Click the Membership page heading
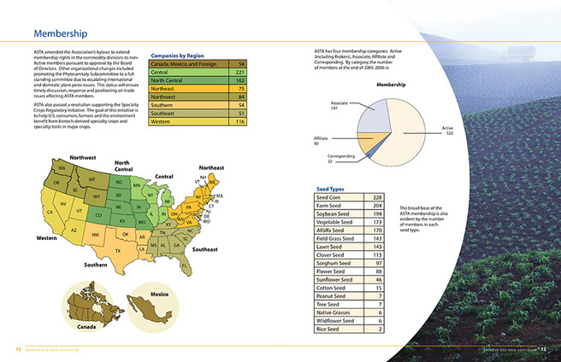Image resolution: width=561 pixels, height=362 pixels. click(x=60, y=33)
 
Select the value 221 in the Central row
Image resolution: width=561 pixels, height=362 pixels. click(x=240, y=73)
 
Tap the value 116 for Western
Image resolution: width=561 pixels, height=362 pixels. click(x=240, y=121)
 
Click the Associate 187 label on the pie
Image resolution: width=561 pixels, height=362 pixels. click(x=340, y=106)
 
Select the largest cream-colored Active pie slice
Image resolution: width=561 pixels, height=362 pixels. click(x=414, y=137)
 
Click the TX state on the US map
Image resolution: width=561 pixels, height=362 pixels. click(x=119, y=250)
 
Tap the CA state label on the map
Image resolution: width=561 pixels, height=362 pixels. click(x=50, y=213)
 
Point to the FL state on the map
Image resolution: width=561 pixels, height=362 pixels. click(x=184, y=267)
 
